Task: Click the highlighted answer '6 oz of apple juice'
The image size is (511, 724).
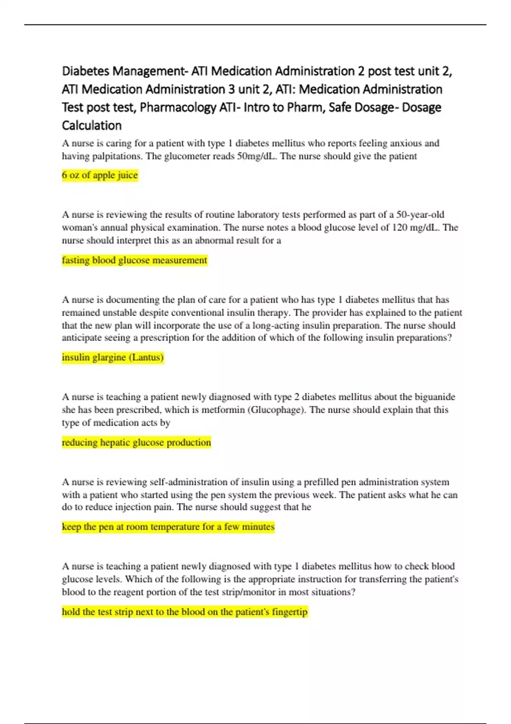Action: [100, 175]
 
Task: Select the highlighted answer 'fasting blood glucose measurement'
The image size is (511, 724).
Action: [135, 260]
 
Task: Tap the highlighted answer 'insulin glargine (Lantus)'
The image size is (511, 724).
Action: [113, 357]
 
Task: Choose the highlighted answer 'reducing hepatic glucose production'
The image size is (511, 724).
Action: [136, 442]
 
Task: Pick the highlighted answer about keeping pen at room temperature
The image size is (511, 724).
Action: [168, 527]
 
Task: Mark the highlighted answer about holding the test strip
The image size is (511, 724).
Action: [184, 612]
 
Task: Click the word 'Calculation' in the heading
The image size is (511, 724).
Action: [92, 126]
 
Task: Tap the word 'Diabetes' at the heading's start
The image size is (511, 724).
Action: [85, 71]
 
